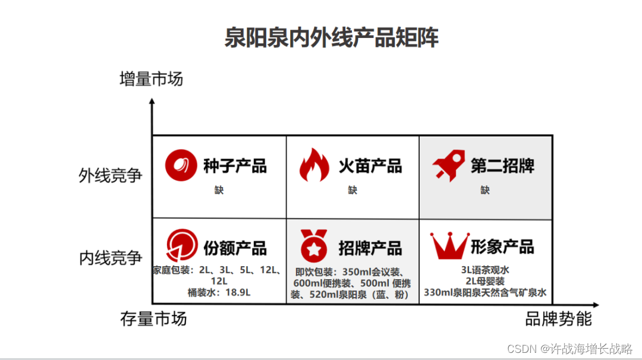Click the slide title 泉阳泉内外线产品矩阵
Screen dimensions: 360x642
(331, 37)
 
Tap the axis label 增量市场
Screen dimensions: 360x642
(151, 78)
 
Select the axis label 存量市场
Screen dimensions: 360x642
(153, 318)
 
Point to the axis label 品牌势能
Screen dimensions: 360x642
(558, 318)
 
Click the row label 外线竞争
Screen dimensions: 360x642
(111, 175)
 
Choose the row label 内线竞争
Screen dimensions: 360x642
(111, 258)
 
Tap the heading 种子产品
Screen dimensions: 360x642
(235, 166)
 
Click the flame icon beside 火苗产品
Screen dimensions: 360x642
(313, 165)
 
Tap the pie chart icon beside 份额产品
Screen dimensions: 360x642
(181, 245)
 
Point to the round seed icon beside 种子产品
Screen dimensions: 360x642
(181, 165)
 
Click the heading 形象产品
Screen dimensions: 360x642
(502, 247)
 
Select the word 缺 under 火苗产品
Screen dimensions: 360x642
(353, 191)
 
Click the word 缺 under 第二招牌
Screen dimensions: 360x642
(485, 191)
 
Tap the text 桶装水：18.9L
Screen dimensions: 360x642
(219, 292)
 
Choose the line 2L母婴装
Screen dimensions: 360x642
(485, 281)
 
